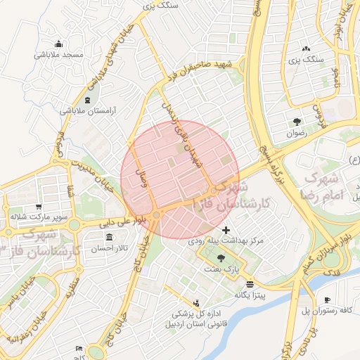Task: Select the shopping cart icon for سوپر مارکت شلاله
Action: click(38, 207)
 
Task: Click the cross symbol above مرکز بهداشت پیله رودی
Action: click(225, 230)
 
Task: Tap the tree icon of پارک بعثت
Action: click(222, 258)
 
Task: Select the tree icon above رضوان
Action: click(297, 120)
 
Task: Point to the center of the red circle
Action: click(180, 180)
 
